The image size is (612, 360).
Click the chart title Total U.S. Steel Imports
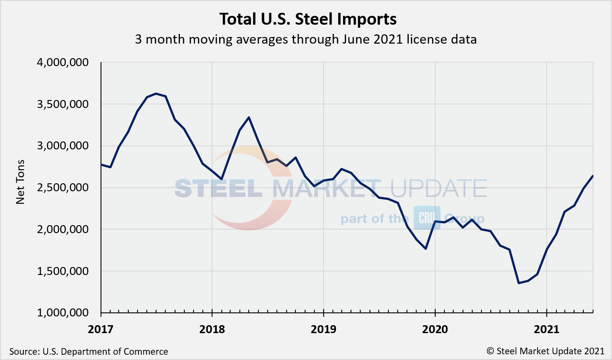coord(308,19)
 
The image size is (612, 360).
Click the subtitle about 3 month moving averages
coord(306,40)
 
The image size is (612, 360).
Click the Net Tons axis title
coord(20,188)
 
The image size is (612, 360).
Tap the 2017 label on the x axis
coord(101,329)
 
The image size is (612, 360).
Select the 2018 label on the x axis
coord(212,329)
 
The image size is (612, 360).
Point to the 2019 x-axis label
coord(324,329)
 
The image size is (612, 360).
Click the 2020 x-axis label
coord(435,329)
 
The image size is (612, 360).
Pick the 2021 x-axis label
coord(547,329)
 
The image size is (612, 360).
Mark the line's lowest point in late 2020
coord(519,283)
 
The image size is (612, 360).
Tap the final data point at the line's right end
coord(593,176)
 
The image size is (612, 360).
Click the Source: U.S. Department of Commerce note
coord(89,352)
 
